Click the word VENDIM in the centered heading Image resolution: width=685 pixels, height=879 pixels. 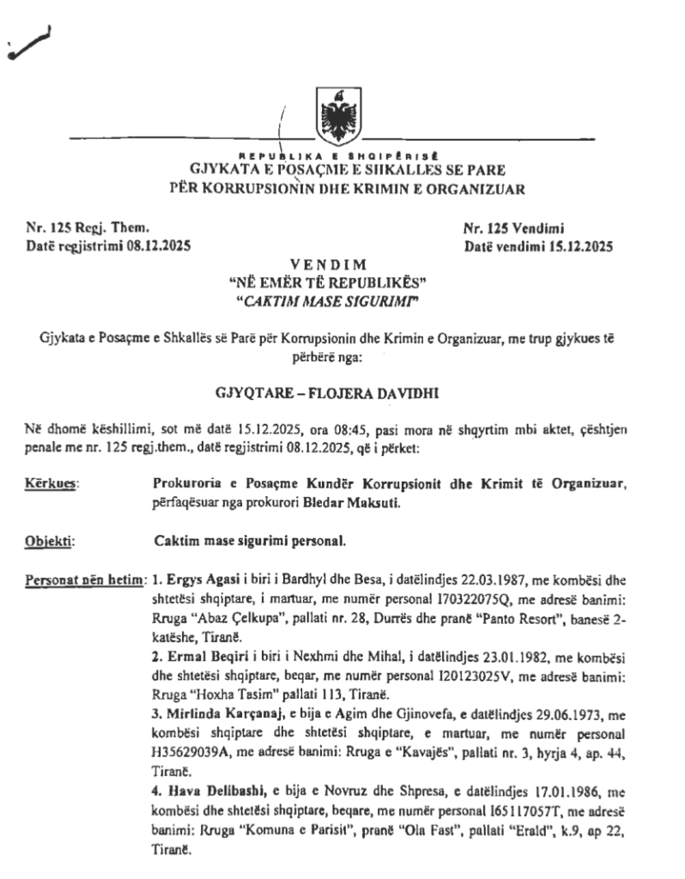click(340, 264)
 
